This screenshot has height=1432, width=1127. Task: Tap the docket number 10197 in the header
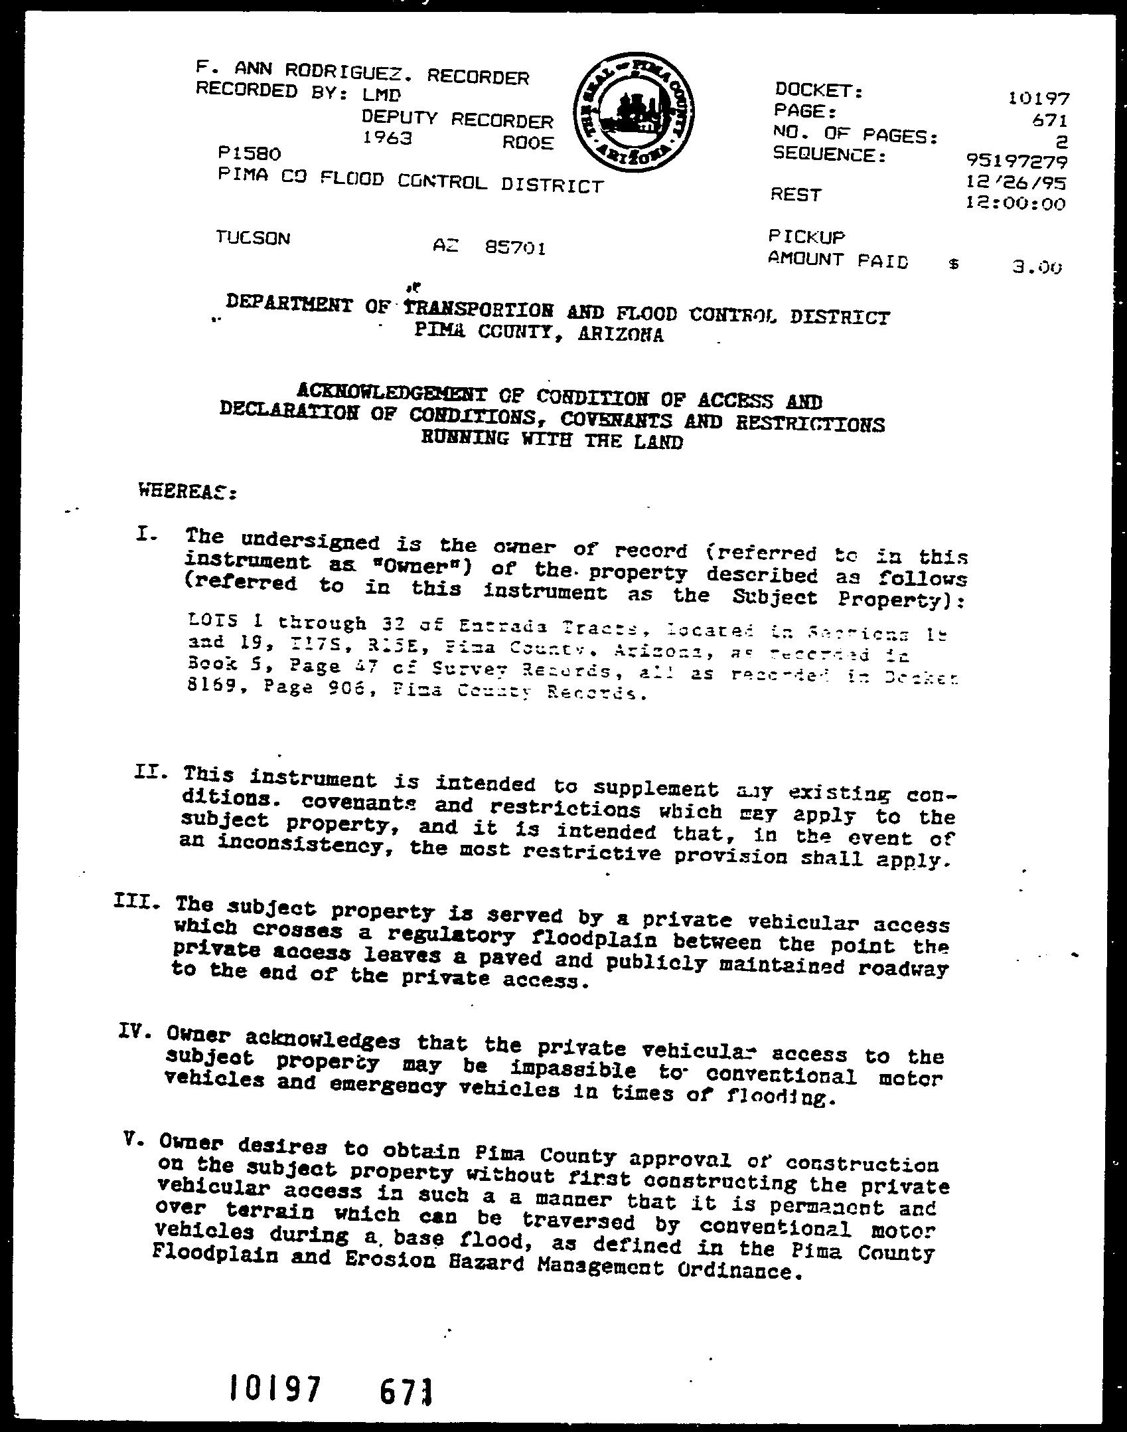click(x=1038, y=99)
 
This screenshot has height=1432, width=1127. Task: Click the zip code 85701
click(x=516, y=248)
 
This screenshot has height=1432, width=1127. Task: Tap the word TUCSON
click(x=253, y=237)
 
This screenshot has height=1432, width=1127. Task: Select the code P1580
click(x=249, y=153)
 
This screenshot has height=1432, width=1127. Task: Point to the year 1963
click(x=387, y=138)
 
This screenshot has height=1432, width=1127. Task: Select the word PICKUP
click(x=806, y=236)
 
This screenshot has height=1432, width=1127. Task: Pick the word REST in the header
click(x=796, y=195)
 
